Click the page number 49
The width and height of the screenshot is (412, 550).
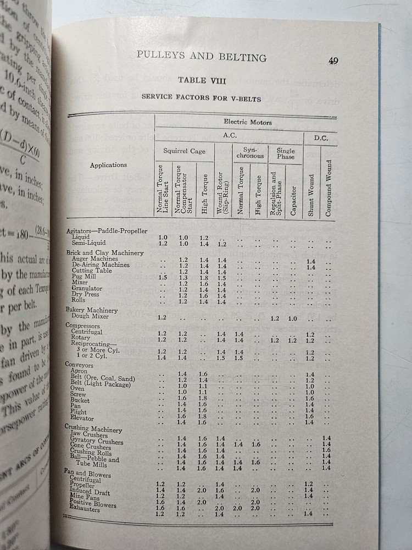click(333, 61)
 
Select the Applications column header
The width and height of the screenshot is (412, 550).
click(109, 164)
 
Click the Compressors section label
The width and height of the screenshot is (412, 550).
click(82, 326)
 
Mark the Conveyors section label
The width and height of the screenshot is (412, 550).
click(80, 365)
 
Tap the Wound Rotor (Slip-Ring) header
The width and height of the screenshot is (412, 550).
click(221, 190)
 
